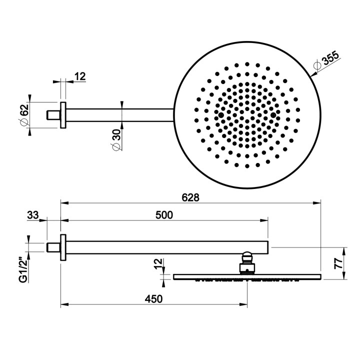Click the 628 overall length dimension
190,197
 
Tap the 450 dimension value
154,299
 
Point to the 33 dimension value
32,215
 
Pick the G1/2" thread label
22,270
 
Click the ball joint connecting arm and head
247,262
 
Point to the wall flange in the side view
63,247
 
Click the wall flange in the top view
63,115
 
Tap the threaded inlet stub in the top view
52,115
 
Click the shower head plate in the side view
247,277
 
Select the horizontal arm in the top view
120,115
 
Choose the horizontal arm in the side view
165,247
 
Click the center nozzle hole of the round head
247,115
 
